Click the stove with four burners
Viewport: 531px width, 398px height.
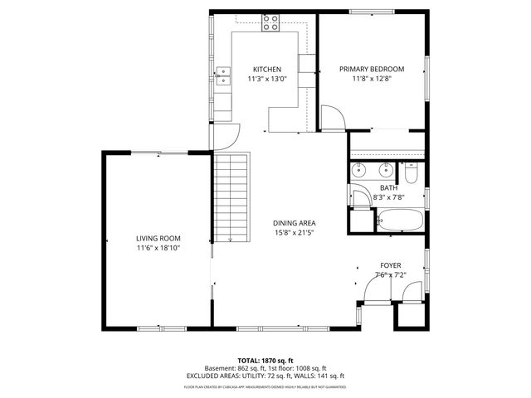click(x=270, y=24)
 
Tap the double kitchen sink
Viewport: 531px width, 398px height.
click(x=222, y=76)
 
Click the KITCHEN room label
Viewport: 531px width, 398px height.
click(x=267, y=70)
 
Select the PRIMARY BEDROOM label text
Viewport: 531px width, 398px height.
click(x=372, y=70)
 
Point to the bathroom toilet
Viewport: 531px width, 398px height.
click(x=412, y=175)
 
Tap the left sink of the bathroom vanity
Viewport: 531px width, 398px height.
click(x=362, y=172)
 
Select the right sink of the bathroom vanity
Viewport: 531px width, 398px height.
click(x=386, y=172)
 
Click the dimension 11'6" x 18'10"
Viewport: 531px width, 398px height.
click(x=158, y=248)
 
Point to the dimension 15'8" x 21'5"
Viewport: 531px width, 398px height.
click(x=295, y=233)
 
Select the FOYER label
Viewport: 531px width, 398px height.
click(x=390, y=266)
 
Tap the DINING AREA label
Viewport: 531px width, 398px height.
click(x=295, y=223)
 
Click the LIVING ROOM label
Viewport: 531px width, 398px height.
click(x=158, y=239)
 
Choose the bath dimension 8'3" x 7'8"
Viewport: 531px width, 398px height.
click(x=388, y=197)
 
